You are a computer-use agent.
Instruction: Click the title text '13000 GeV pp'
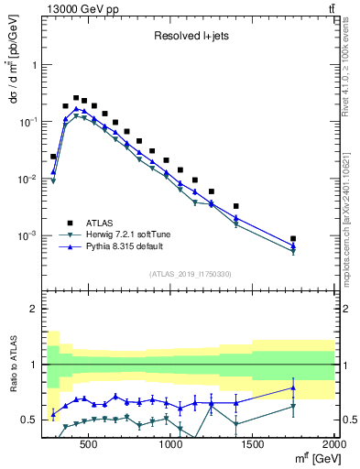point(76,8)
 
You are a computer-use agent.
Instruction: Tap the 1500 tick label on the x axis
point(253,443)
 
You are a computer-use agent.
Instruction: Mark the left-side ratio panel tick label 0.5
point(27,420)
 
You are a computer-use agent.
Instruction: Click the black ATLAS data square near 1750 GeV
point(293,238)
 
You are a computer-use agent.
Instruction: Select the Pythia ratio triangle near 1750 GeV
point(293,387)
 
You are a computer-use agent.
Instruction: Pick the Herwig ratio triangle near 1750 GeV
point(293,407)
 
